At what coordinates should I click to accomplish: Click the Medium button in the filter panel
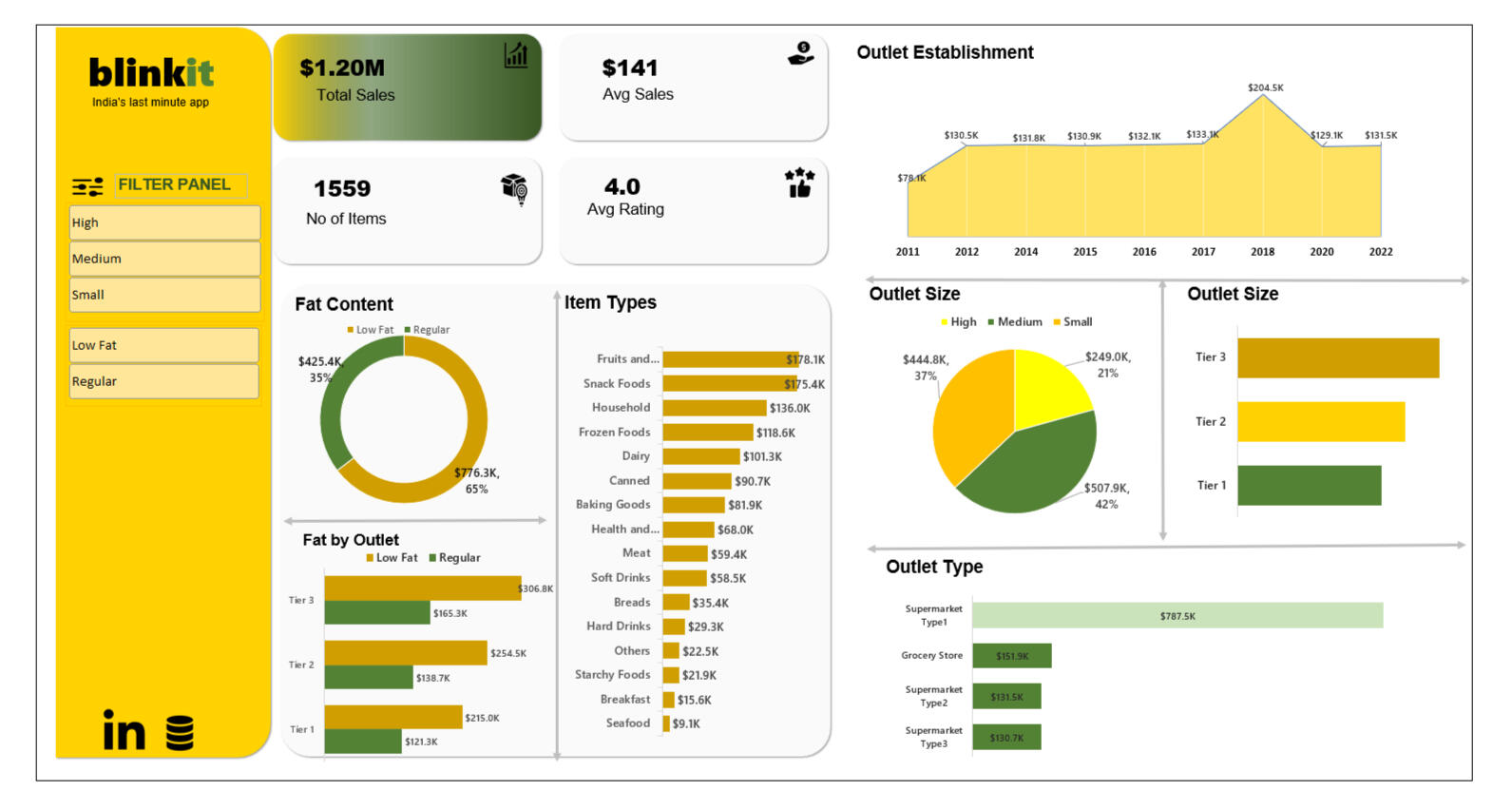pyautogui.click(x=163, y=259)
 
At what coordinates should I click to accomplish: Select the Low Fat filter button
pyautogui.click(x=163, y=345)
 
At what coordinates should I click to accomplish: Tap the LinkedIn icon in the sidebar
pyautogui.click(x=124, y=730)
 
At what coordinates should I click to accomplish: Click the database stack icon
pyautogui.click(x=180, y=733)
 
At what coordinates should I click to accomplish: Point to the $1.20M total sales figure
pyautogui.click(x=342, y=68)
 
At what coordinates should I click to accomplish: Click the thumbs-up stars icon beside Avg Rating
pyautogui.click(x=799, y=182)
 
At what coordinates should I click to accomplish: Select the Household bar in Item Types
pyautogui.click(x=714, y=408)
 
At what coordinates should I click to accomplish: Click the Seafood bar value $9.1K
pyautogui.click(x=685, y=723)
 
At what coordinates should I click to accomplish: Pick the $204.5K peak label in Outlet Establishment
pyautogui.click(x=1265, y=87)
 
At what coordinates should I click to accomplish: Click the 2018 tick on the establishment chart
pyautogui.click(x=1262, y=252)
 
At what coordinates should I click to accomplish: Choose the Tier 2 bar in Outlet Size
pyautogui.click(x=1320, y=422)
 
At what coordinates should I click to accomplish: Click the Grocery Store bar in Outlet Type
pyautogui.click(x=1011, y=656)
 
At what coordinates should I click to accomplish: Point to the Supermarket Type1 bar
pyautogui.click(x=1177, y=616)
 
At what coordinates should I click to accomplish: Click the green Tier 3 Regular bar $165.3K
pyautogui.click(x=376, y=613)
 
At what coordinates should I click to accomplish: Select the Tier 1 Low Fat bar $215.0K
pyautogui.click(x=392, y=717)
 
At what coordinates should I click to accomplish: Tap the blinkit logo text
pyautogui.click(x=151, y=73)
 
